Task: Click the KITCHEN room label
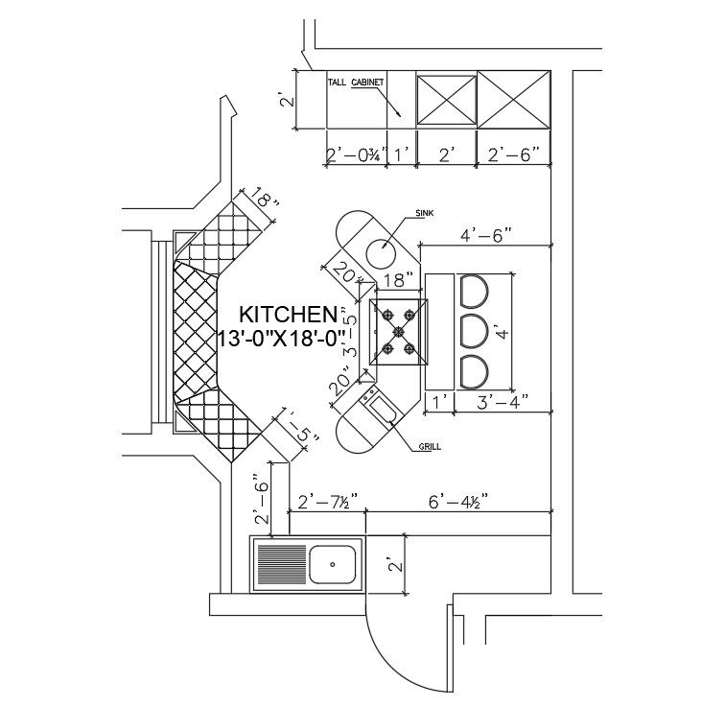click(x=287, y=315)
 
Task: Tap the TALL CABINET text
click(x=356, y=83)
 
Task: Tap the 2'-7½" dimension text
click(x=328, y=501)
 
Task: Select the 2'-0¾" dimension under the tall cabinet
click(x=355, y=154)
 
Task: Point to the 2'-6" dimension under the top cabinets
click(x=514, y=154)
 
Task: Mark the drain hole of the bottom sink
click(x=333, y=564)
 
